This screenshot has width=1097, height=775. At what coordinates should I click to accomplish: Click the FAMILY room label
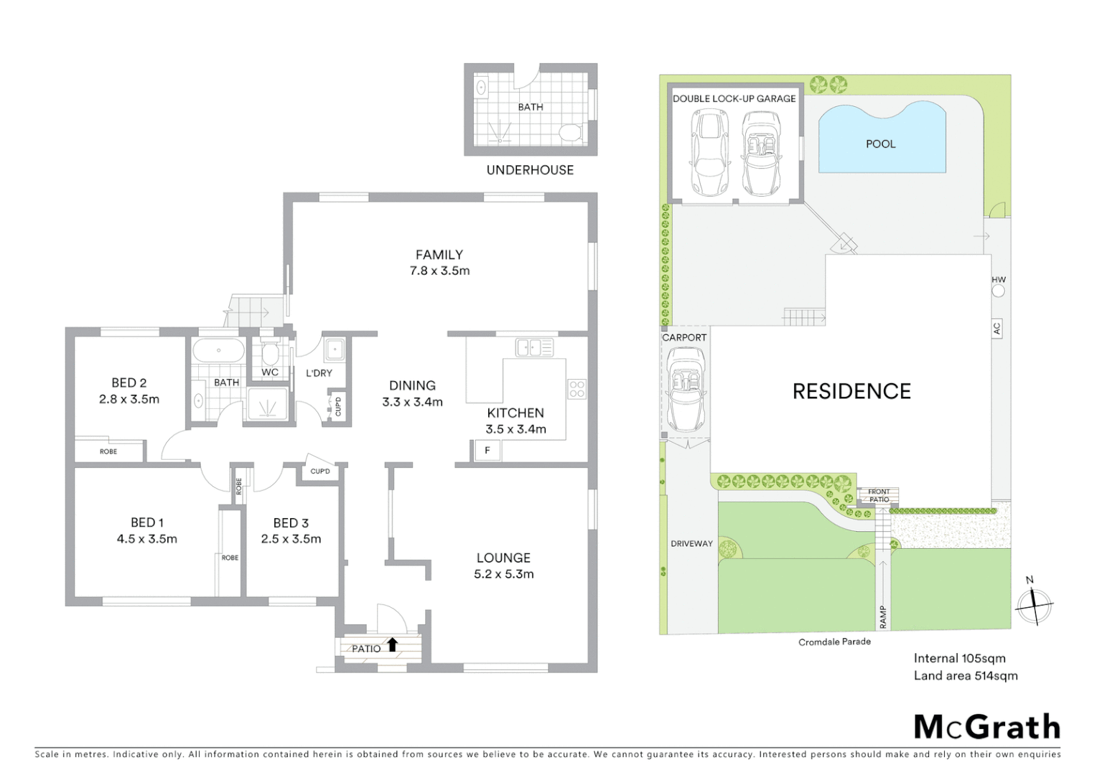439,255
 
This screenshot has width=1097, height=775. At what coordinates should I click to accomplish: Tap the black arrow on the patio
392,644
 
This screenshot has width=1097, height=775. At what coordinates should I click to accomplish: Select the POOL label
880,144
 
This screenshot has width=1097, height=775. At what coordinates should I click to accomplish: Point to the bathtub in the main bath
218,352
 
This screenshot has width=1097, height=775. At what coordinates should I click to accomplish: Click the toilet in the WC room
270,354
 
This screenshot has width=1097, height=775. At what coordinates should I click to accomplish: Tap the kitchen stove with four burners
576,389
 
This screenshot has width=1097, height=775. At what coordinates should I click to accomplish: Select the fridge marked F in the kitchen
487,451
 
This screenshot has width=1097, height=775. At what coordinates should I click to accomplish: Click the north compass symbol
1033,604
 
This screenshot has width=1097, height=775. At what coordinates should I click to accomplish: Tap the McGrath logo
986,727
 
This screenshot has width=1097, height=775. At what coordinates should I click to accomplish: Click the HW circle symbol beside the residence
998,291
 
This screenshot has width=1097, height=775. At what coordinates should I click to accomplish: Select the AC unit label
996,329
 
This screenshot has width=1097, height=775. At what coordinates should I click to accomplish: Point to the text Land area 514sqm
965,675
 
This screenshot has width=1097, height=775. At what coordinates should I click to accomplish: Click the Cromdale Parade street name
834,642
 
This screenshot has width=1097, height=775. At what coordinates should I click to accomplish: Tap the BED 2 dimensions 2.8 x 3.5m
129,399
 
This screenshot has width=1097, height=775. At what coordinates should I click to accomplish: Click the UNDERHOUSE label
530,170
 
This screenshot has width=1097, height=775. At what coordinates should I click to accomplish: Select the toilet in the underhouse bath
569,133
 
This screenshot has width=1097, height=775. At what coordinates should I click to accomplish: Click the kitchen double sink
534,348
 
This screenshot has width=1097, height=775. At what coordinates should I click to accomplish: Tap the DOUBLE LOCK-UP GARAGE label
734,98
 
